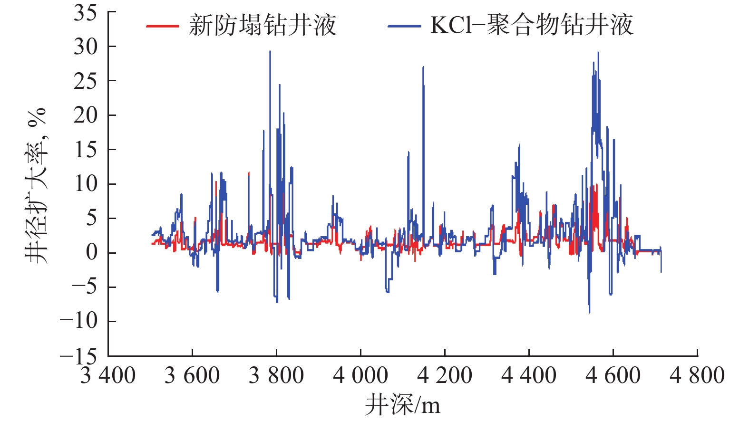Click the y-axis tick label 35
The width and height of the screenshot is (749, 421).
point(85,13)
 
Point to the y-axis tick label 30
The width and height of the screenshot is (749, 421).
point(85,47)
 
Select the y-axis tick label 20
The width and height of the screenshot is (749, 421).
point(85,115)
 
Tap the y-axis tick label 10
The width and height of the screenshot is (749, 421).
point(85,184)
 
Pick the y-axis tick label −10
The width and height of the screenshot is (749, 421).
point(78,321)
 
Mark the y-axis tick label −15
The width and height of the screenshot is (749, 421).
point(78,355)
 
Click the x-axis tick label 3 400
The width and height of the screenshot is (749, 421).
point(108,375)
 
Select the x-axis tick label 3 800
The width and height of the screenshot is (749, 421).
point(276,375)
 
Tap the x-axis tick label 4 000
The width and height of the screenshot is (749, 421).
point(360,375)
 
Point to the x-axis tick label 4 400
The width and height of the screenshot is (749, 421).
point(529,375)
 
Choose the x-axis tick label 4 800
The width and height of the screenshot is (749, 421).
point(697,375)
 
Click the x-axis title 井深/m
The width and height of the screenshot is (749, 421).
point(402,405)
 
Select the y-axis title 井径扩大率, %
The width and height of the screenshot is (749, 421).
point(37,185)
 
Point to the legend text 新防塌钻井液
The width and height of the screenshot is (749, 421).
point(263,25)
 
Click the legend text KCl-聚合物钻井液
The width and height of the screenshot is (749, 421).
point(532,25)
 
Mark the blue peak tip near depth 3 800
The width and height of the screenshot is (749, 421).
point(270,51)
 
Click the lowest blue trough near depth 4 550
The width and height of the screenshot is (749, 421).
point(589,312)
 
